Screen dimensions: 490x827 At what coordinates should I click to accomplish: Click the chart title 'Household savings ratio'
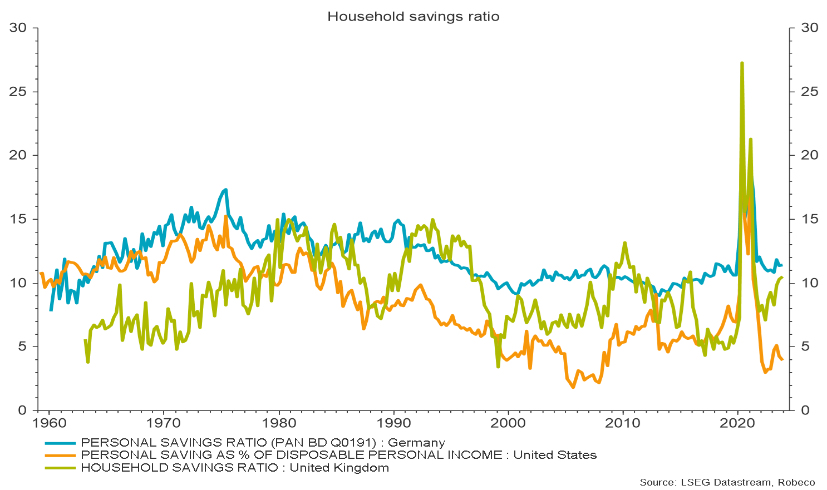coord(413,17)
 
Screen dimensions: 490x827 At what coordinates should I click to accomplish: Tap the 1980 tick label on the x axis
coord(278,423)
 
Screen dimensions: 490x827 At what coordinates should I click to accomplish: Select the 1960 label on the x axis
coord(49,423)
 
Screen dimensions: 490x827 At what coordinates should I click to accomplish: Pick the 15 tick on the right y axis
coord(810,219)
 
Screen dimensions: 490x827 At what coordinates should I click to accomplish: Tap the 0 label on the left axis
coord(23,410)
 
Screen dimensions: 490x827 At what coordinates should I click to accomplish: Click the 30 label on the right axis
coord(810,28)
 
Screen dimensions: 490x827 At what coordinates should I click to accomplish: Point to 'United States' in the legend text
coord(555,456)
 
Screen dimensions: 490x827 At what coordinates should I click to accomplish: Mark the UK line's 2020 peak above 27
coord(742,63)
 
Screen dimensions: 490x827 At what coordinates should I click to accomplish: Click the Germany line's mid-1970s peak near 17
coord(225,190)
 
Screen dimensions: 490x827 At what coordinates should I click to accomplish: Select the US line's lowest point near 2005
coord(573,387)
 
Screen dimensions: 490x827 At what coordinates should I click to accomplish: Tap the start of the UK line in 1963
coord(85,340)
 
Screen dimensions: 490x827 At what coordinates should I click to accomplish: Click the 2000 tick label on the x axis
coord(508,423)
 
